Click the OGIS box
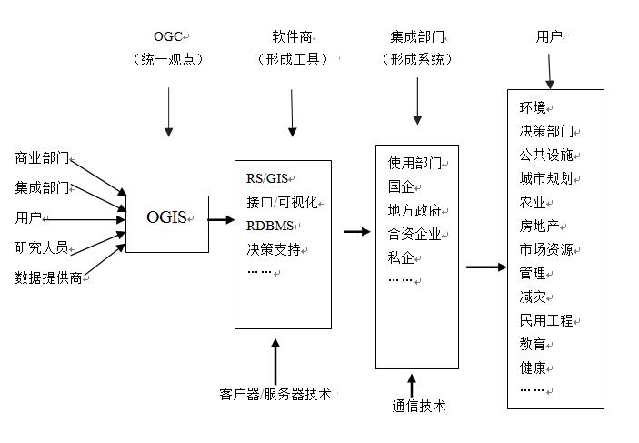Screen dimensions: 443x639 (166, 217)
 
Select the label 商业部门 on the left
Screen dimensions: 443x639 (42, 157)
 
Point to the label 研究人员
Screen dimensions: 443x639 (42, 247)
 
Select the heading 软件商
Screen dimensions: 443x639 (292, 37)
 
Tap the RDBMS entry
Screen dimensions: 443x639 (272, 225)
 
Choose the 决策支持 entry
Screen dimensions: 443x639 (273, 248)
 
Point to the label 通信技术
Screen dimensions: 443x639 (419, 406)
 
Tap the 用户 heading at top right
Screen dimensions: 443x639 (549, 37)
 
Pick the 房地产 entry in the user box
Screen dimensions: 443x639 (540, 226)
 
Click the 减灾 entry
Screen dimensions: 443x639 (532, 297)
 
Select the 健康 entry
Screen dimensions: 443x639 (532, 367)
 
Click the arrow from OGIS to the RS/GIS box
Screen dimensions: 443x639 (221, 218)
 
